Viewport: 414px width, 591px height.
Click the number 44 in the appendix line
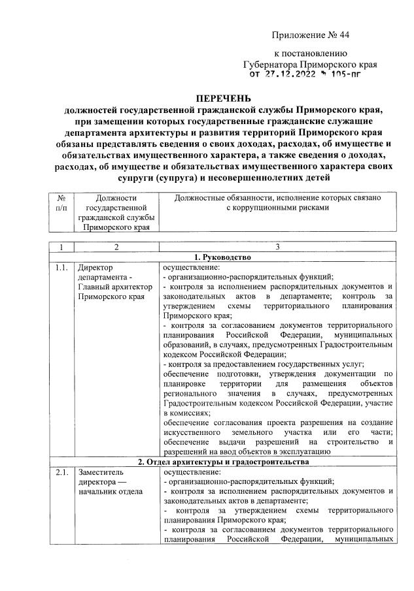353,33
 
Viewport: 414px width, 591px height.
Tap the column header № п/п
60,202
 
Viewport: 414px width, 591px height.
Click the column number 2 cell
115,247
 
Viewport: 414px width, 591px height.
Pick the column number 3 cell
277,247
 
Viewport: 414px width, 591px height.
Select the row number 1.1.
62,267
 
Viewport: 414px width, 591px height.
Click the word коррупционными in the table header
268,207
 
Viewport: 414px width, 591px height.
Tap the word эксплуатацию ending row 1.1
292,451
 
